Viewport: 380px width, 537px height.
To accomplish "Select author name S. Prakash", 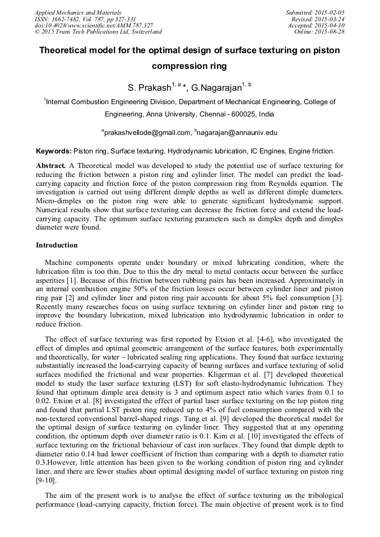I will click(x=149, y=88).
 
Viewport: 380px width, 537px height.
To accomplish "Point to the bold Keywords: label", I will click(x=54, y=151).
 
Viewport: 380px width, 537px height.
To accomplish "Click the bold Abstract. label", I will click(x=51, y=166).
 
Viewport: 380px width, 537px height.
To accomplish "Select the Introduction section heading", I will click(x=57, y=245).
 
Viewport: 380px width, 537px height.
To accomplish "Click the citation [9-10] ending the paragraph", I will click(x=46, y=480).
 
